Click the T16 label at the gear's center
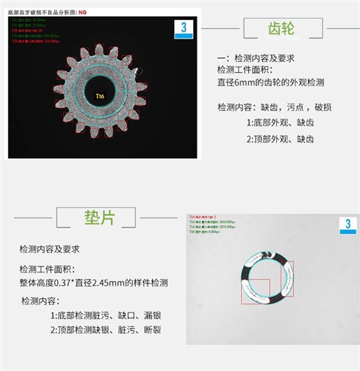pos(100,96)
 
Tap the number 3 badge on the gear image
pos(186,27)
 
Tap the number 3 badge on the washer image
pos(346,225)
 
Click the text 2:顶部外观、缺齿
pos(281,139)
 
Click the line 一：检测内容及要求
pos(255,58)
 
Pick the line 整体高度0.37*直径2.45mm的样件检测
pos(94,283)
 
